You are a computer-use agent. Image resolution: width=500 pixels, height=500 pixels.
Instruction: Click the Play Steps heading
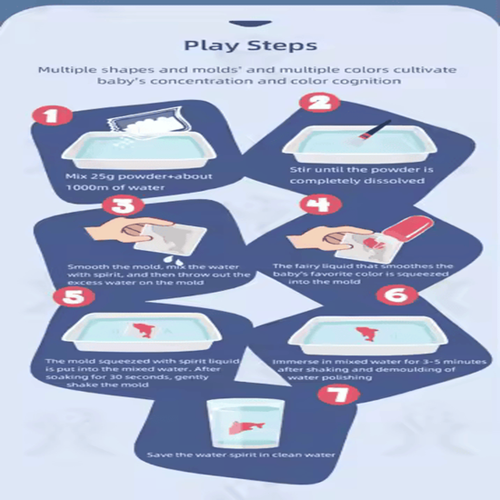coord(251,45)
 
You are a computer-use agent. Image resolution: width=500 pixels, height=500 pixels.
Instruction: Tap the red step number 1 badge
coord(51,115)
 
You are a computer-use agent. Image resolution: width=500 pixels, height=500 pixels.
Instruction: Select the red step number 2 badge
coord(319,103)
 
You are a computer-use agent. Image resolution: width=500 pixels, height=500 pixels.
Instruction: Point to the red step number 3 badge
coord(123,205)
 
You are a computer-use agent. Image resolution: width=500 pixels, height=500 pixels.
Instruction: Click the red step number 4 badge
coord(321,204)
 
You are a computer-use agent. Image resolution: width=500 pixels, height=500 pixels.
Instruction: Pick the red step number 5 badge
coord(74,296)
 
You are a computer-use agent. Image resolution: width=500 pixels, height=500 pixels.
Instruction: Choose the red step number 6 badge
coord(396,295)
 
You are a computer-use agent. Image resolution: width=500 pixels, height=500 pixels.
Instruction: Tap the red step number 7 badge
coord(338,395)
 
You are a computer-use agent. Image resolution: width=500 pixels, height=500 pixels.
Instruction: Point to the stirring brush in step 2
coord(370,134)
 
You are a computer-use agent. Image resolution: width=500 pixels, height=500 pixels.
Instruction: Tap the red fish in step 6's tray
coord(367,334)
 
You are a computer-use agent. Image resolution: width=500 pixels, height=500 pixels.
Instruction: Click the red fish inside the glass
coord(246,427)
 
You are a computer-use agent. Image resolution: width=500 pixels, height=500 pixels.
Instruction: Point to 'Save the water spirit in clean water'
coord(241,455)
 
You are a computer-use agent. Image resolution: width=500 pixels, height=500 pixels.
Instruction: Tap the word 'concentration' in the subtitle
coord(203,81)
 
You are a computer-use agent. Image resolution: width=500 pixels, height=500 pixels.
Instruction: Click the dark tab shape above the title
coord(250,24)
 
